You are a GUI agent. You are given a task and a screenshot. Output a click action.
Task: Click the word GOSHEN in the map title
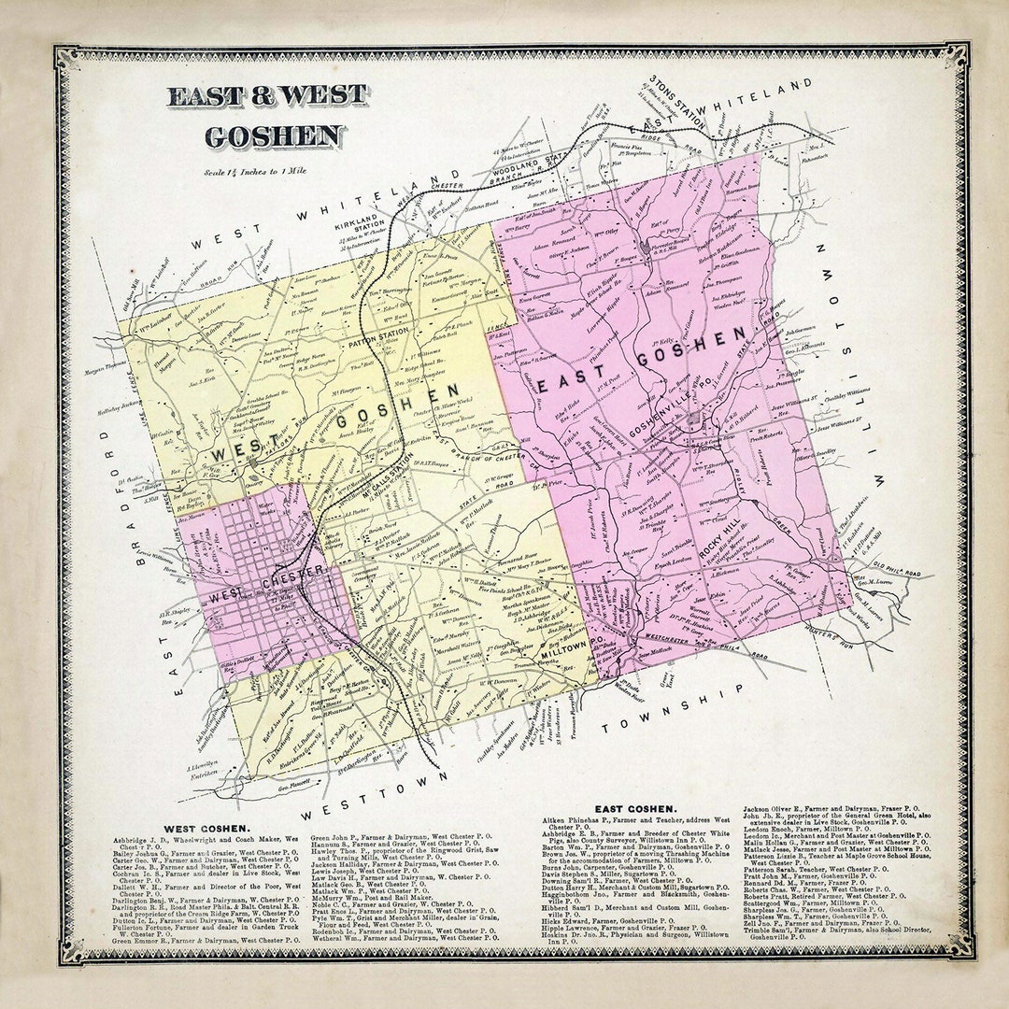click(x=273, y=135)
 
